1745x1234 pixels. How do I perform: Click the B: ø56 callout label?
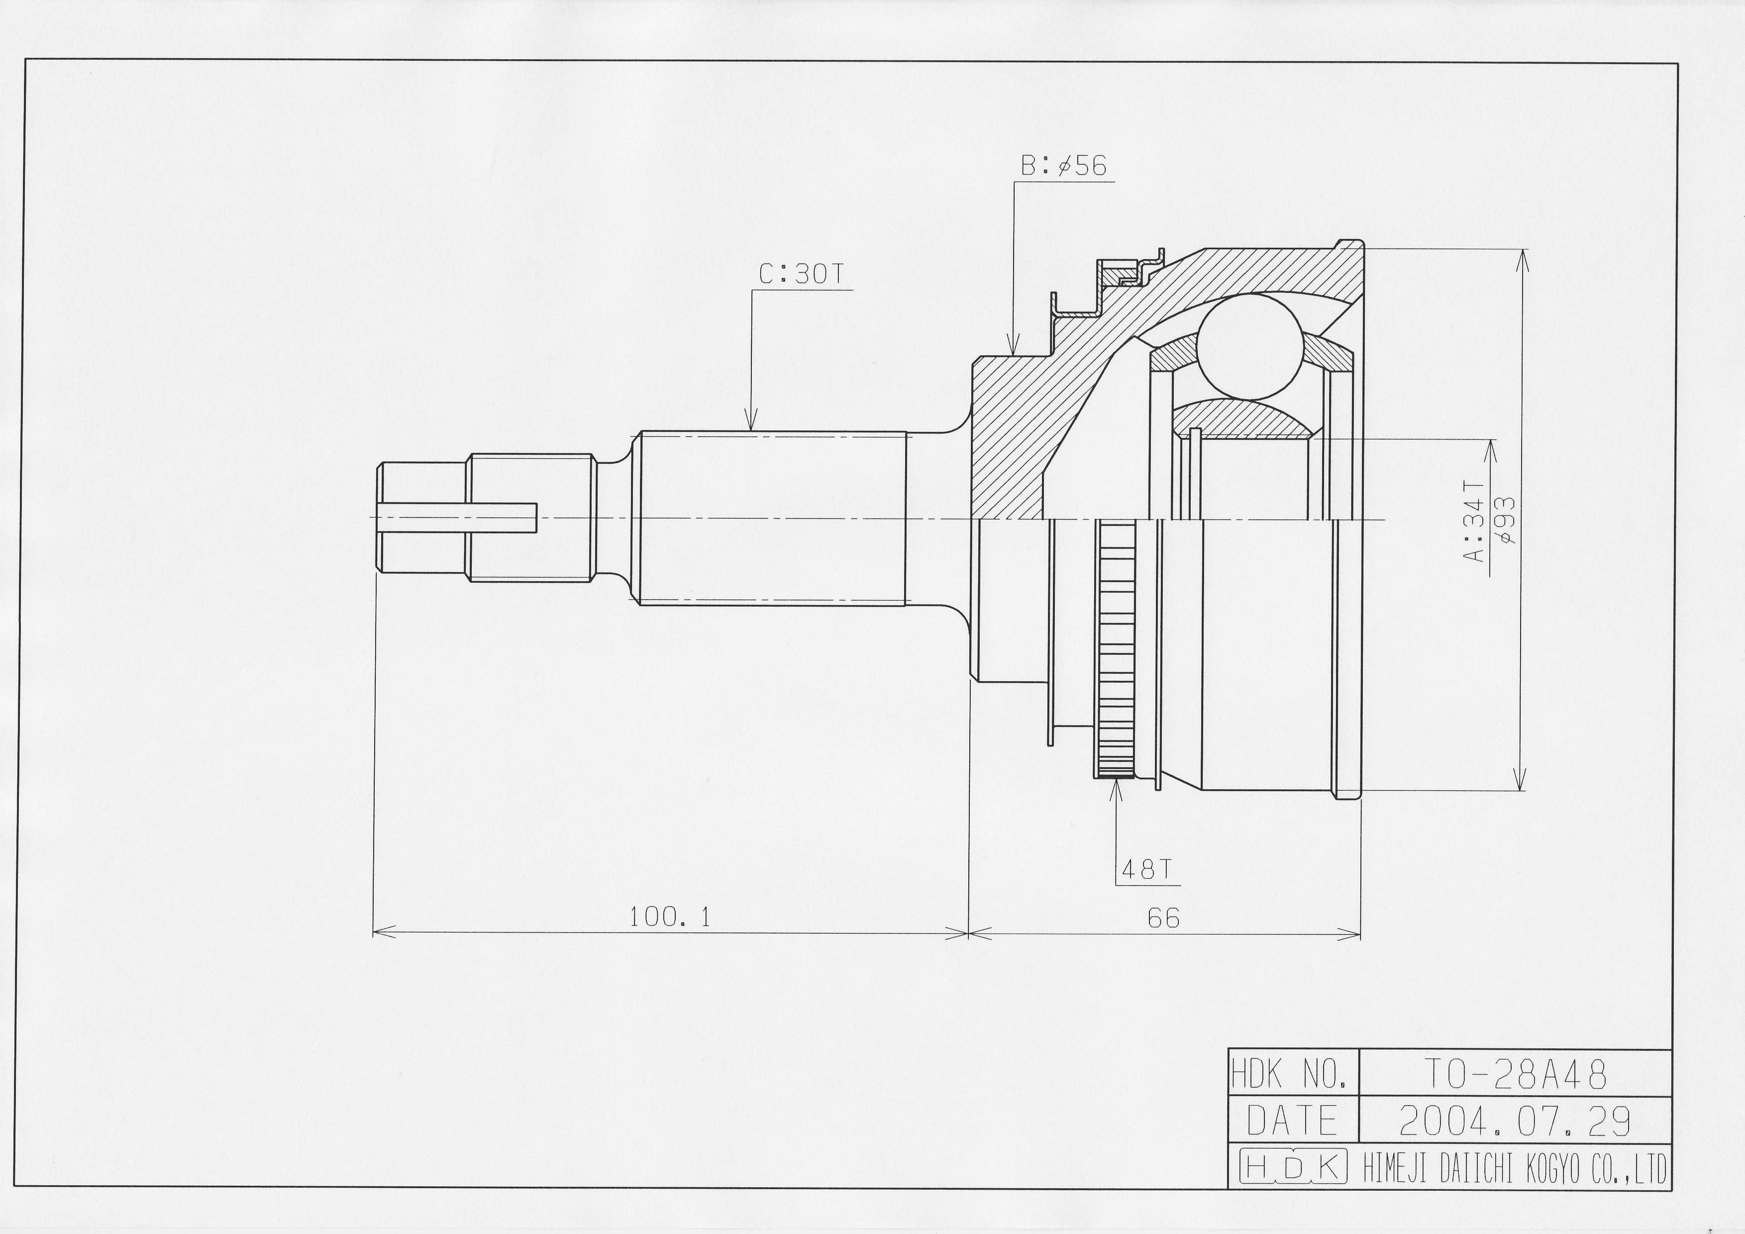click(1063, 166)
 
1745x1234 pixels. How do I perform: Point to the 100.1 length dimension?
click(670, 918)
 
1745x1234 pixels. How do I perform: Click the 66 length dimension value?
click(1164, 919)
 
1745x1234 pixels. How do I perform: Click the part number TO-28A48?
click(1515, 1074)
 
